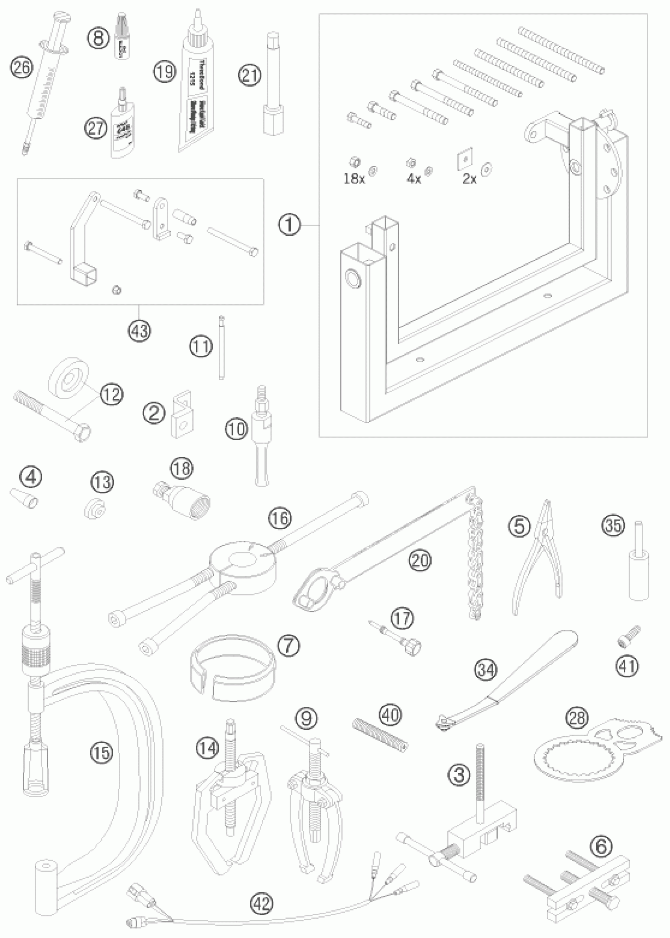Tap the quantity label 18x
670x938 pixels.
click(354, 179)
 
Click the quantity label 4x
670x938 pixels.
click(413, 179)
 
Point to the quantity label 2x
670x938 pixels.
click(469, 179)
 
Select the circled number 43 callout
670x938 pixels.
click(140, 330)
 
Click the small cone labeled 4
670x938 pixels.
click(29, 499)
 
